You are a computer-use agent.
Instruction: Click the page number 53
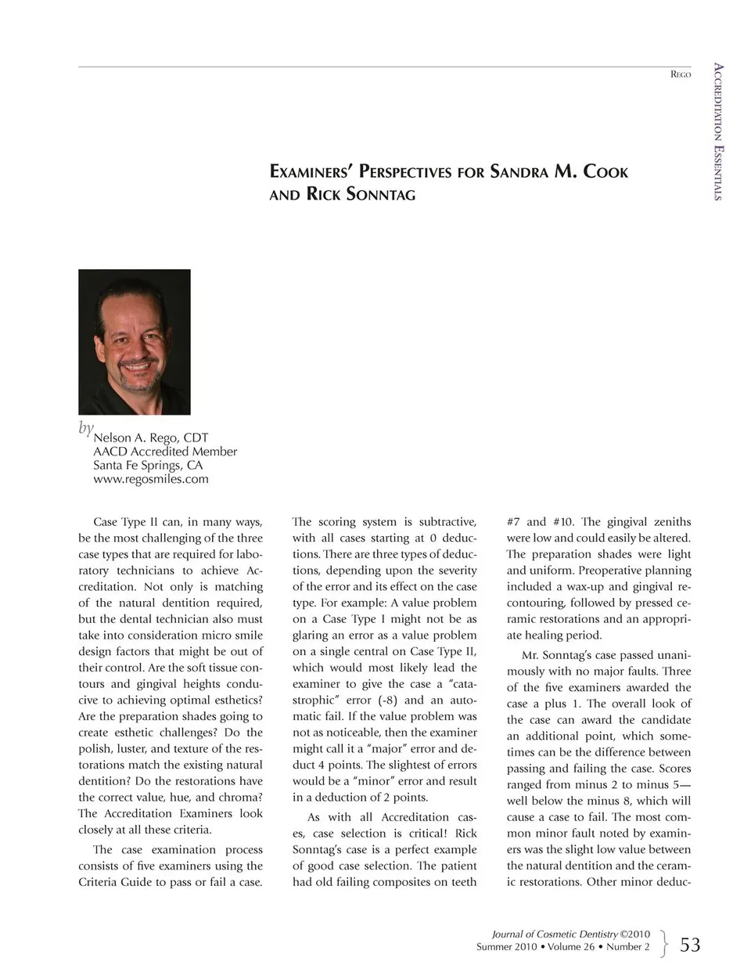point(690,945)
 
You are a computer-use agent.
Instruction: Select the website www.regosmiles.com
point(151,479)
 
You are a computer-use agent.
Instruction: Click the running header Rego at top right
point(681,74)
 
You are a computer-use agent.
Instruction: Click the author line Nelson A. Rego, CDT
point(150,438)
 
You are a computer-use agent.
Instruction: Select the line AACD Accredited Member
point(164,452)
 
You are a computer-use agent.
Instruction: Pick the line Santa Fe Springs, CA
point(148,465)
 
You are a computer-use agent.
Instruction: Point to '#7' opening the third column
point(514,521)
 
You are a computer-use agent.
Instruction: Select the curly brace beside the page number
point(664,943)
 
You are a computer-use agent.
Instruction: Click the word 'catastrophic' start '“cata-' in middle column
point(459,683)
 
